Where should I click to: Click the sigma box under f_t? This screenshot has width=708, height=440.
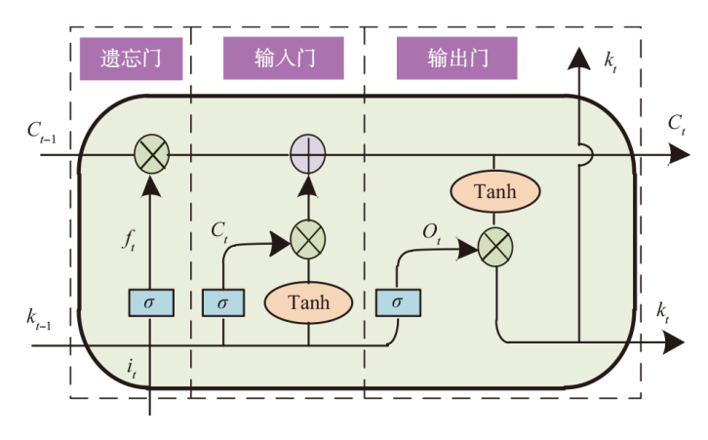[x=150, y=302]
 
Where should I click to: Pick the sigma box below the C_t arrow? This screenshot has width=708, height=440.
[x=223, y=302]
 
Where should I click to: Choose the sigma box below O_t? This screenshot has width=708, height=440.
[x=396, y=302]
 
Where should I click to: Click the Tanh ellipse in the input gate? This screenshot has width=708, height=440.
[x=309, y=302]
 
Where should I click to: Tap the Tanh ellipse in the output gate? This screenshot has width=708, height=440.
[x=495, y=191]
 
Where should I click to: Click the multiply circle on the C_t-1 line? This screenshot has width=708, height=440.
[x=150, y=154]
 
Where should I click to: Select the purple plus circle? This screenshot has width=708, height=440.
[x=309, y=154]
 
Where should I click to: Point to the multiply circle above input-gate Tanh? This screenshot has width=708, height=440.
[x=309, y=238]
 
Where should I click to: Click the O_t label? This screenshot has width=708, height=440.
[x=430, y=235]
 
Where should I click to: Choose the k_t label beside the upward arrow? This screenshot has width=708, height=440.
[x=610, y=62]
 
